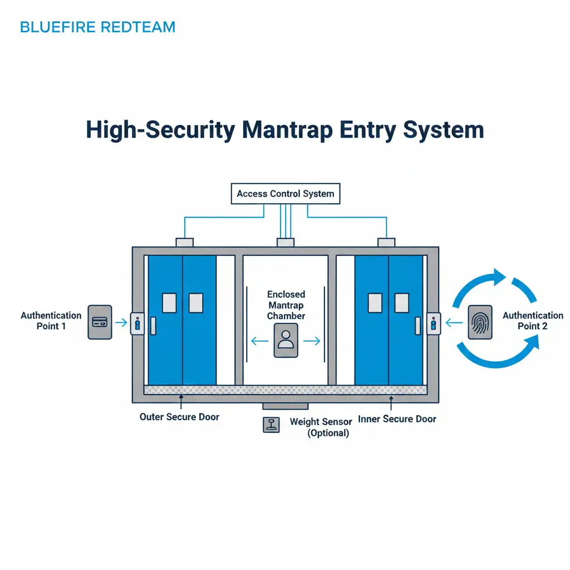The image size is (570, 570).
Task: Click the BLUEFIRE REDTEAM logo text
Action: (x=97, y=27)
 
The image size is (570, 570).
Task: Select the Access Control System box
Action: (x=285, y=194)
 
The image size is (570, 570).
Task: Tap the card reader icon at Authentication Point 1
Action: (x=100, y=322)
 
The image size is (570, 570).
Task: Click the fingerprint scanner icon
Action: (x=479, y=322)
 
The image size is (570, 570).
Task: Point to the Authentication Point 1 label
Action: (x=51, y=321)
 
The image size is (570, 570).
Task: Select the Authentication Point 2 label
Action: (x=532, y=321)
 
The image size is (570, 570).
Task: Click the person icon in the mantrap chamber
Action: (x=286, y=341)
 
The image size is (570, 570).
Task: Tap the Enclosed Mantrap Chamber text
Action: (x=286, y=305)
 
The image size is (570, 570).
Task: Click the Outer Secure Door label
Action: (x=179, y=416)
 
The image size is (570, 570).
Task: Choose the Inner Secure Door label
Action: (x=397, y=419)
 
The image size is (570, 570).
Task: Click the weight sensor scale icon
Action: (x=271, y=425)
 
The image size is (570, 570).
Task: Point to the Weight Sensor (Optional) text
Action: (x=321, y=427)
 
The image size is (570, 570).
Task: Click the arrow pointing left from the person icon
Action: (x=258, y=341)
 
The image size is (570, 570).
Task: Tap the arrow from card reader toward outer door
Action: (x=120, y=322)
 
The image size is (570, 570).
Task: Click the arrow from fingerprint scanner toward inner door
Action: (x=453, y=322)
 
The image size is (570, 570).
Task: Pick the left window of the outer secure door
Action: (x=169, y=303)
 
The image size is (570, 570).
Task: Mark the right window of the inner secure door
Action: (x=402, y=303)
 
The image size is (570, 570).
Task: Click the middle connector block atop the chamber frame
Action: (x=285, y=242)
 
